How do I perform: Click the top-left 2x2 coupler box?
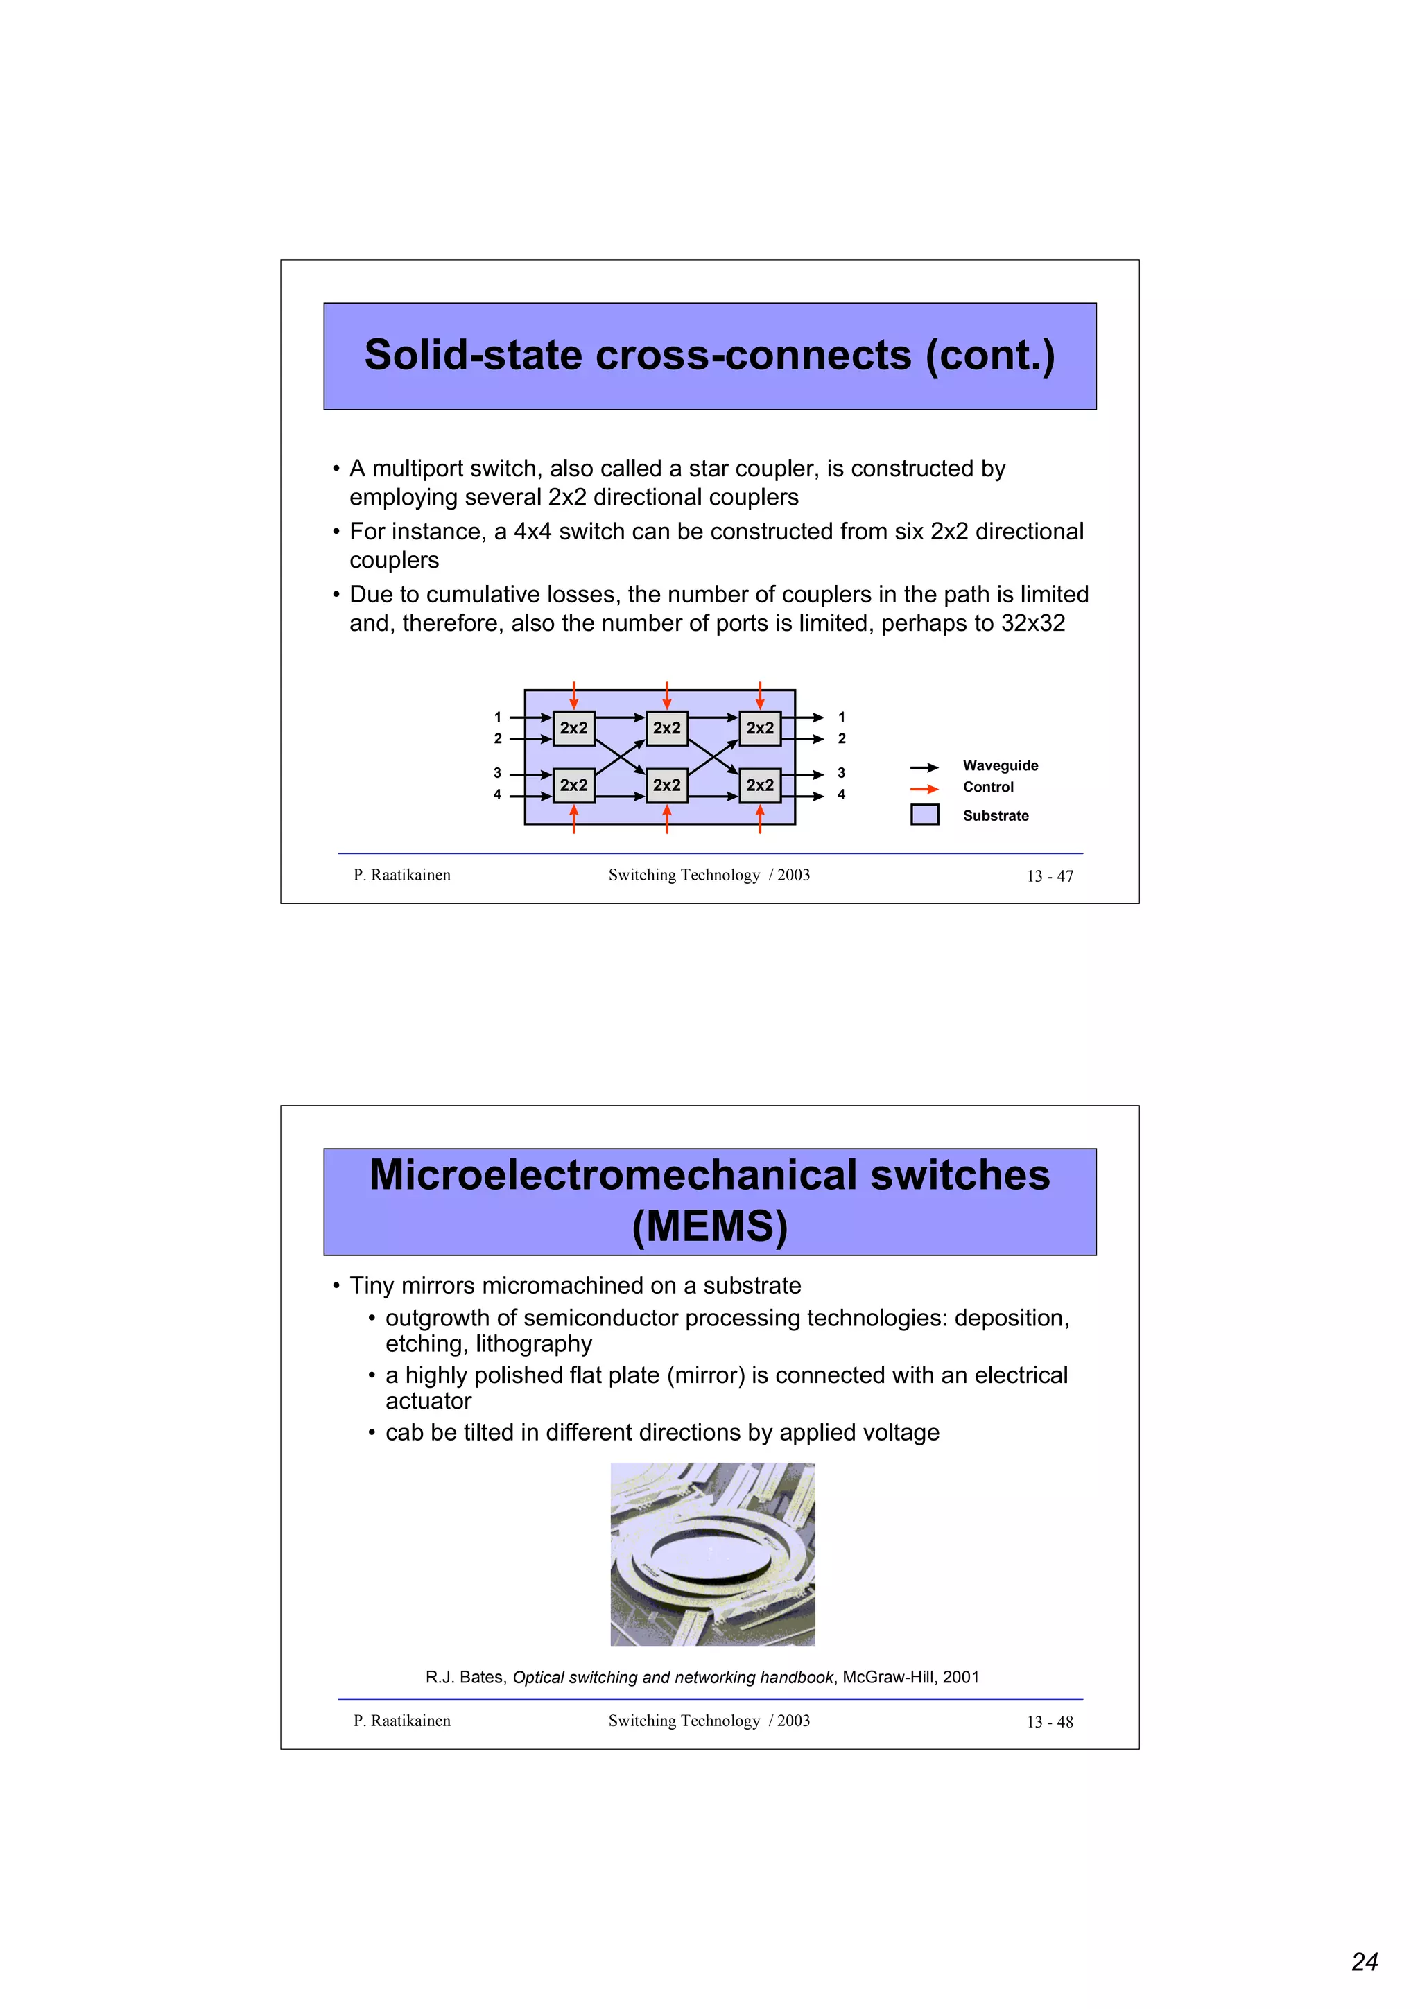point(574,728)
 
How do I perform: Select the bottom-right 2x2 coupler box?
point(759,785)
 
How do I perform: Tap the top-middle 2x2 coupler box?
point(667,728)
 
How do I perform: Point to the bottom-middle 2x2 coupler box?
point(667,785)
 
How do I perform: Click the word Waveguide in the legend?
point(1000,765)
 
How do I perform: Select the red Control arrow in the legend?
point(924,788)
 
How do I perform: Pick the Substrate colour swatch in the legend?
point(924,815)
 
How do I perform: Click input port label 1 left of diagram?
point(498,717)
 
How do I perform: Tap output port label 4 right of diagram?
point(841,794)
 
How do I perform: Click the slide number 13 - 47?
point(1049,876)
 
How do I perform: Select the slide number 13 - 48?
point(1049,1722)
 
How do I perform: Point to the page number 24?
point(1364,1962)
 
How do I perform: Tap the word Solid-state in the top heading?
point(472,355)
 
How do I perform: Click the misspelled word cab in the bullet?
point(404,1432)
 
